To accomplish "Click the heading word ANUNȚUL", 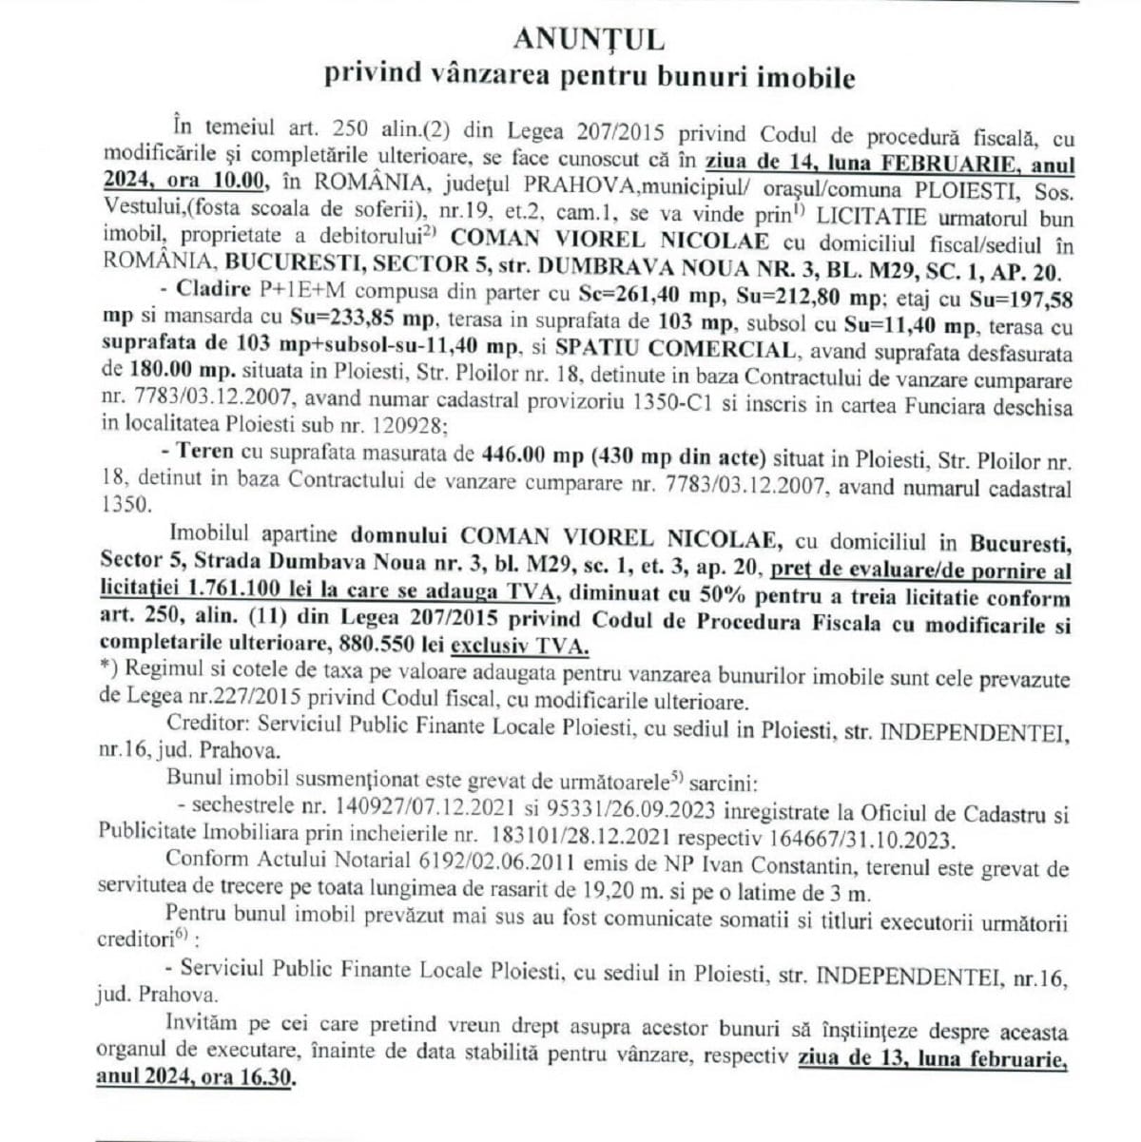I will (x=589, y=39).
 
